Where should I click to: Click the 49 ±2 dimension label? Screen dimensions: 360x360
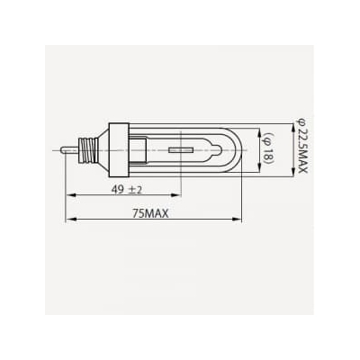[127, 189]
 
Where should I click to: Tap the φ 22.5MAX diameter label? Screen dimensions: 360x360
[301, 146]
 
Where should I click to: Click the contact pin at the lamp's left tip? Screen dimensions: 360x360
[69, 150]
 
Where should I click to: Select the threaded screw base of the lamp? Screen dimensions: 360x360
[87, 150]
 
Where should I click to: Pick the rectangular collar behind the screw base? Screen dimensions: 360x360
[119, 150]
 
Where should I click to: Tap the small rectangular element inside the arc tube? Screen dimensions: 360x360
[181, 150]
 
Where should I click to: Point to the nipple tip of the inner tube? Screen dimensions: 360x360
[220, 149]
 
